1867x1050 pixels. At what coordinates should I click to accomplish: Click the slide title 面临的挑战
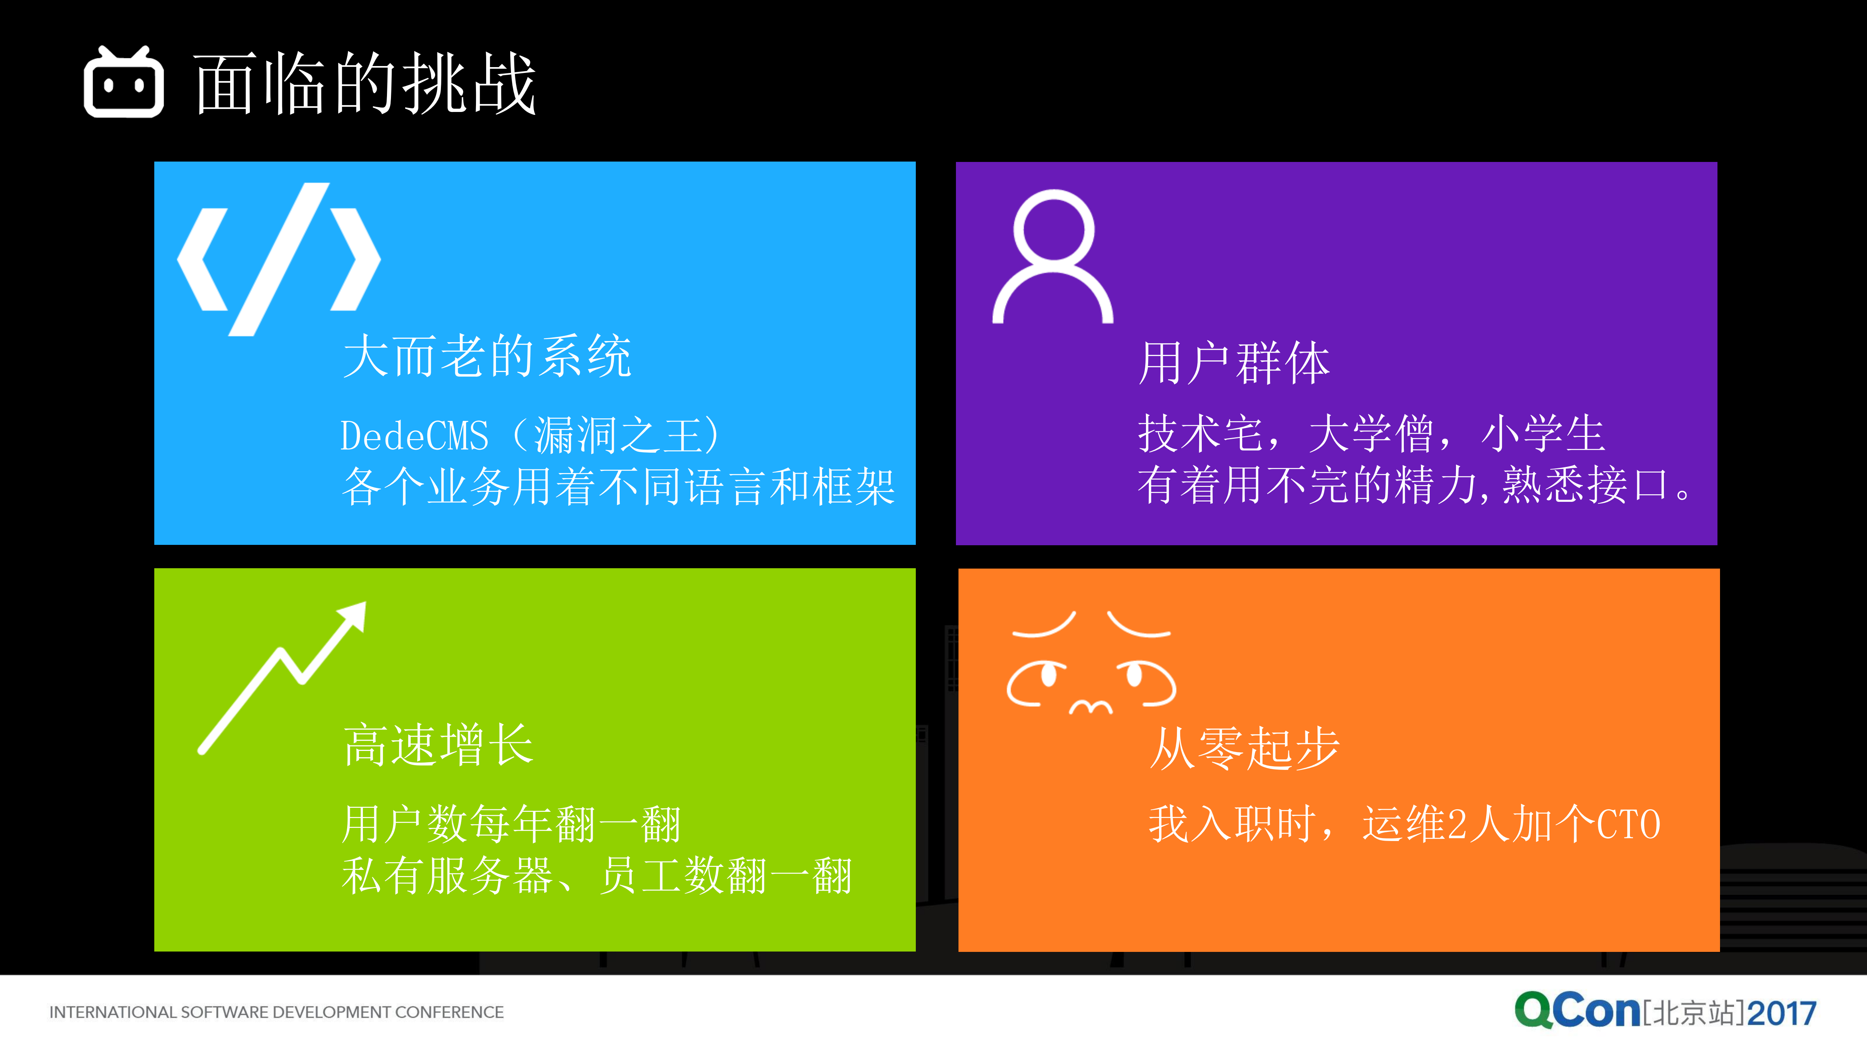[365, 84]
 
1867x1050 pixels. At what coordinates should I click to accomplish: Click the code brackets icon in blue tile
[279, 259]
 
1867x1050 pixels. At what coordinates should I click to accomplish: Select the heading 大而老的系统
[487, 357]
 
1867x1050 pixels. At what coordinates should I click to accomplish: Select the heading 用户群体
[1234, 363]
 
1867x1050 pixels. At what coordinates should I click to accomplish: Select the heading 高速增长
[438, 745]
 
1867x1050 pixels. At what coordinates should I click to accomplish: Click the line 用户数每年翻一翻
[511, 825]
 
